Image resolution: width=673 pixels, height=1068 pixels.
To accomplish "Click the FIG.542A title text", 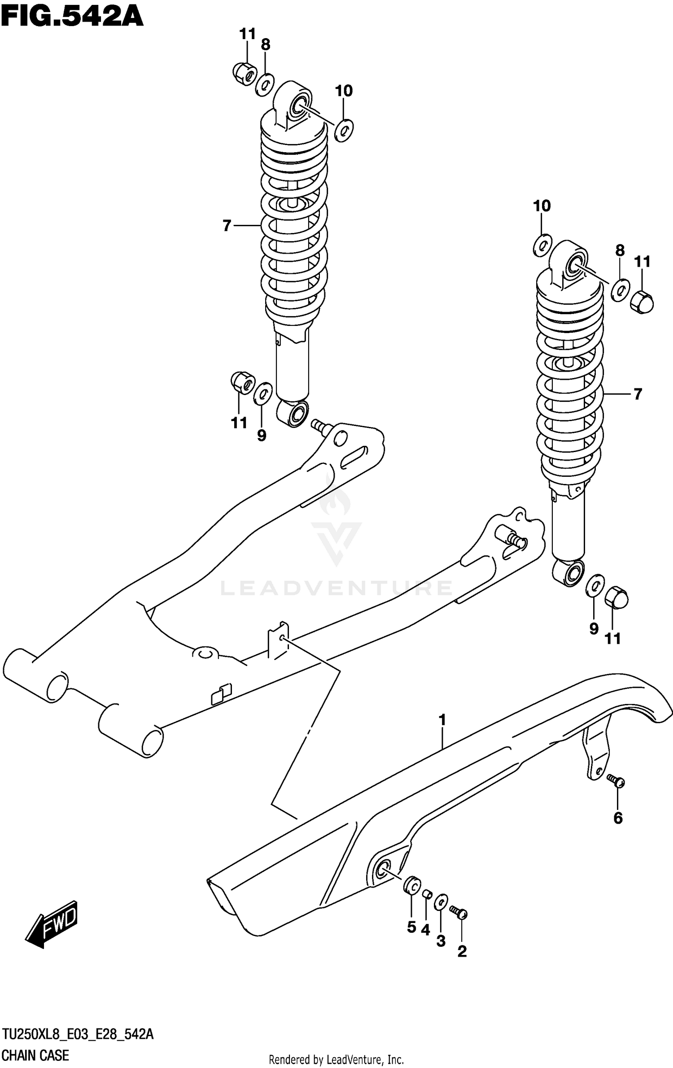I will coord(72,17).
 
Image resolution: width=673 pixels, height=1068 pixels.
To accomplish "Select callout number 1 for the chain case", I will coord(442,720).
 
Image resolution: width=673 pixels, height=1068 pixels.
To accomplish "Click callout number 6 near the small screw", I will coord(618,818).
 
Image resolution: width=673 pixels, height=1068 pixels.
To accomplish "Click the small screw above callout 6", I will coord(616,781).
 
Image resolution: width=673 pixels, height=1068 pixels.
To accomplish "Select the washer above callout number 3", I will coord(441,901).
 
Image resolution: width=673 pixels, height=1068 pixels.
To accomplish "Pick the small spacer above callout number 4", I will coord(427,895).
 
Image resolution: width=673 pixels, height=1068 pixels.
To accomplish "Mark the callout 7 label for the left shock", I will coord(227,225).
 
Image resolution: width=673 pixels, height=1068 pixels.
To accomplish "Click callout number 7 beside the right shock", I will coord(638,394).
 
